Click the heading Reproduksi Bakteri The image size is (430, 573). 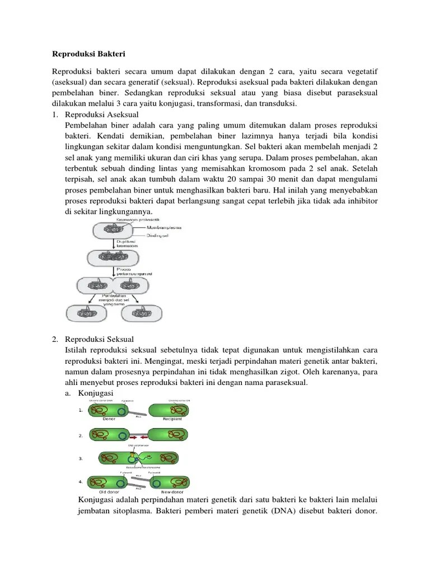89,54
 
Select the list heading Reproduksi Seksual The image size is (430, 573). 100,339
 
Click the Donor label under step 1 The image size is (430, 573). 110,419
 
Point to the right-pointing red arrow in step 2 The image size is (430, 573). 133,435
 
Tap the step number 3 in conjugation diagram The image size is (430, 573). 81,458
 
